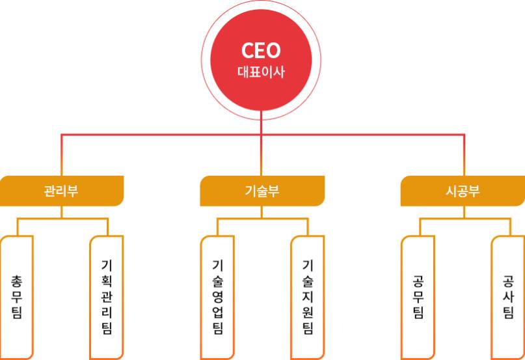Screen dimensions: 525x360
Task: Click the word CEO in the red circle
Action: pyautogui.click(x=261, y=51)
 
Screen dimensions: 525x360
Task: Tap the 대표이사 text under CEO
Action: pyautogui.click(x=261, y=72)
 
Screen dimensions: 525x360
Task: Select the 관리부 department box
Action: pyautogui.click(x=62, y=191)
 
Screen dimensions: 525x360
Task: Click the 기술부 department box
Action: pyautogui.click(x=262, y=191)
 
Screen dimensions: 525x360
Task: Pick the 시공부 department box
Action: pyautogui.click(x=463, y=191)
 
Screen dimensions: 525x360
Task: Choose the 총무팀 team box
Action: pyautogui.click(x=17, y=298)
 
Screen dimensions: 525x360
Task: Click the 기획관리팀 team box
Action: pyautogui.click(x=107, y=298)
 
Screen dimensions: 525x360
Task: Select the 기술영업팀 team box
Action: pyautogui.click(x=217, y=298)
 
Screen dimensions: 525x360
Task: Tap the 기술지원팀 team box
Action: pyautogui.click(x=308, y=298)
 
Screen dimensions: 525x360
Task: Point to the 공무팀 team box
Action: pyautogui.click(x=418, y=298)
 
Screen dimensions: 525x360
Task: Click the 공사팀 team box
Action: pyautogui.click(x=508, y=298)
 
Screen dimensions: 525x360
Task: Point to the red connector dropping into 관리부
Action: pyautogui.click(x=62, y=155)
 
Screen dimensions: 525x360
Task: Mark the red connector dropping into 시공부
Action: pyautogui.click(x=464, y=155)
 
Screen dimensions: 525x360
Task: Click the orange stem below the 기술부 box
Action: pyautogui.click(x=262, y=212)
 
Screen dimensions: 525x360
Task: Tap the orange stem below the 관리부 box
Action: pyautogui.click(x=62, y=212)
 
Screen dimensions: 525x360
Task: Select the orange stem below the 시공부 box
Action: pyautogui.click(x=464, y=212)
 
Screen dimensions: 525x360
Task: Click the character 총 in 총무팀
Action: pyautogui.click(x=17, y=282)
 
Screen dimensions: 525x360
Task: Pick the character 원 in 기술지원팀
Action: pyautogui.click(x=308, y=312)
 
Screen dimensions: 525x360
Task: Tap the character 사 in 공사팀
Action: pyautogui.click(x=508, y=297)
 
